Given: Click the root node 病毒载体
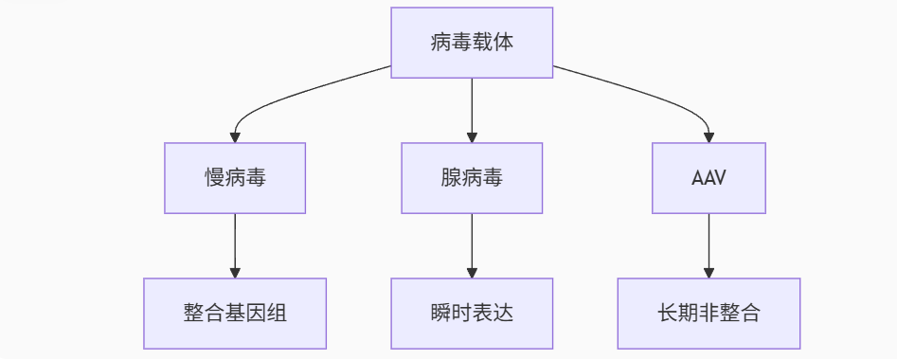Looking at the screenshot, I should click(x=472, y=43).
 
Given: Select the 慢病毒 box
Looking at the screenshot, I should click(x=235, y=178).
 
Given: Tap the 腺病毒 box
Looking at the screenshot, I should click(x=472, y=178).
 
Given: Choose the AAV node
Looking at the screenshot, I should click(x=709, y=178).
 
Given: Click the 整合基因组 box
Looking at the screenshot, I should click(x=235, y=314).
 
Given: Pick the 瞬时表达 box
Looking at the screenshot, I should click(x=472, y=314).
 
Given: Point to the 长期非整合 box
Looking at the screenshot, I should click(x=709, y=314).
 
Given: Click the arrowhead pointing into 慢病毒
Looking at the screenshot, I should click(x=235, y=136).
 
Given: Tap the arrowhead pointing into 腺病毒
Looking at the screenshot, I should click(x=472, y=136).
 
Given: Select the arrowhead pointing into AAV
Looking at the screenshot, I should click(x=709, y=136).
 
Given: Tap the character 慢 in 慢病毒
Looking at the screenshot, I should click(x=214, y=178).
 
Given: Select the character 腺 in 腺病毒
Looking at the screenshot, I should click(x=451, y=178).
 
